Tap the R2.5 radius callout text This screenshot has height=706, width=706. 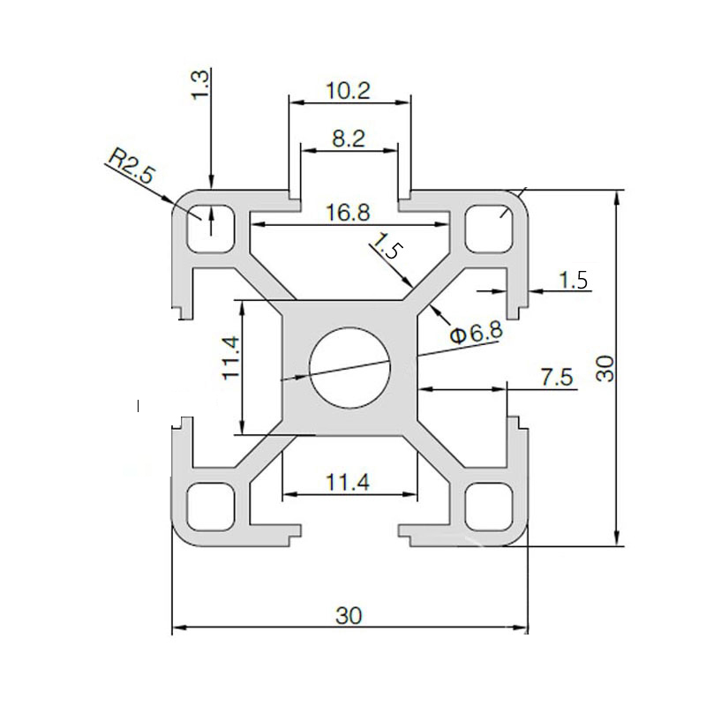(131, 165)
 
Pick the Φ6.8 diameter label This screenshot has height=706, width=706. (476, 333)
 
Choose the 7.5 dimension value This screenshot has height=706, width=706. (556, 377)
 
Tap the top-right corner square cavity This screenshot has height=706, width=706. (490, 226)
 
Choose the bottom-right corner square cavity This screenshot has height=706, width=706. (490, 506)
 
